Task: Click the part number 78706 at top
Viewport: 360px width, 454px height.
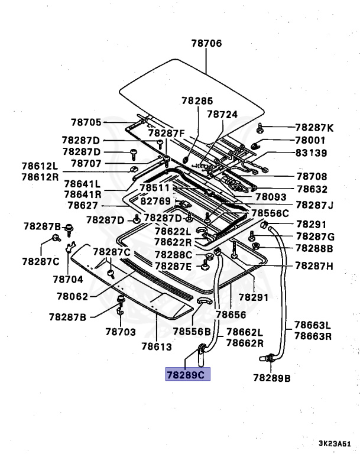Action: coord(206,43)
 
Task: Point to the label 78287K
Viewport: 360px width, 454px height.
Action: coord(314,128)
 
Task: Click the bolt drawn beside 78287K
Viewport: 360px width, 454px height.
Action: coord(261,128)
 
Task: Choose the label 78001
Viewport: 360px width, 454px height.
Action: coord(310,140)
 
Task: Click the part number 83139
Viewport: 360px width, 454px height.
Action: coord(310,153)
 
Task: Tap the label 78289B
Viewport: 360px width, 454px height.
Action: coord(271,377)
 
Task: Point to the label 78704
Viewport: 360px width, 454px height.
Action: coord(67,278)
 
